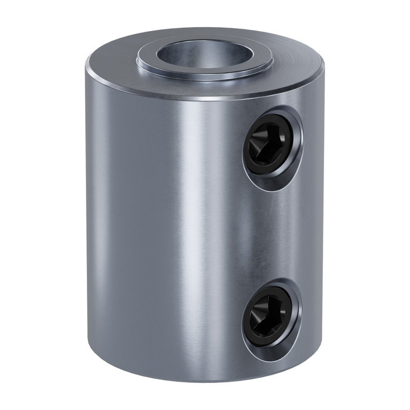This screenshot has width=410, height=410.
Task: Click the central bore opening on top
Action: pos(205,54)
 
